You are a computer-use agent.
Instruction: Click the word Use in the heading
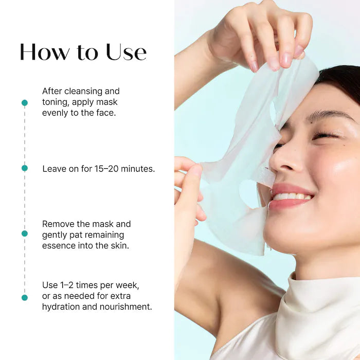coord(126,52)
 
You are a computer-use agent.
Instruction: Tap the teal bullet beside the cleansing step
coord(24,103)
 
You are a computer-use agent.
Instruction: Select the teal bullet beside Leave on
coord(24,168)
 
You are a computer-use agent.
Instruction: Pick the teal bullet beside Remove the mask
coord(24,233)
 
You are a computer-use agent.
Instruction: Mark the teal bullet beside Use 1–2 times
coord(24,297)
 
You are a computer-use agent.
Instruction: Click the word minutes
coord(138,169)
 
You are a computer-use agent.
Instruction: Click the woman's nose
coord(286,162)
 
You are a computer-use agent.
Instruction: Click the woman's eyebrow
coord(324,115)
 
